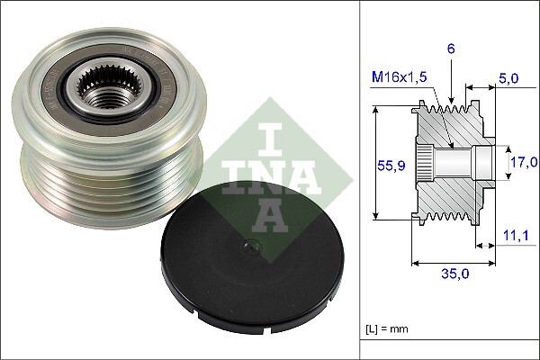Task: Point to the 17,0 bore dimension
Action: (x=523, y=162)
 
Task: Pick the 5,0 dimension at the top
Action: (x=508, y=78)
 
